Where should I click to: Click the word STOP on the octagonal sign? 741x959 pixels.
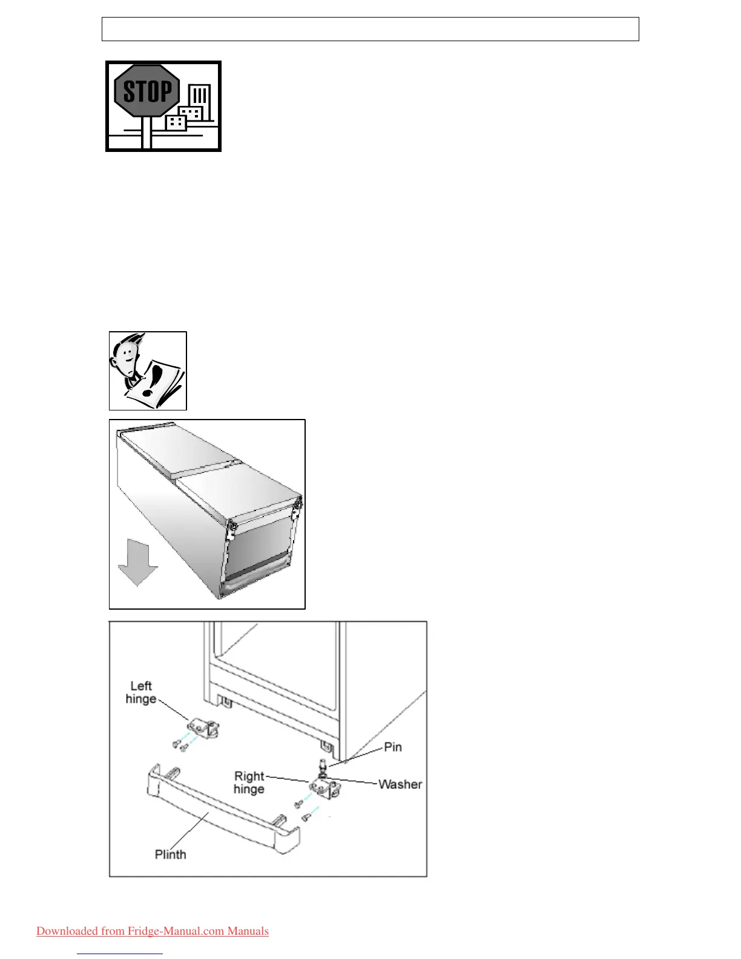(x=147, y=91)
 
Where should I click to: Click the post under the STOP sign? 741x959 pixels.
(x=146, y=133)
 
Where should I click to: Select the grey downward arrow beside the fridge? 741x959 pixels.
(x=138, y=564)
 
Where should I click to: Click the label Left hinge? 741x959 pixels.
(x=141, y=692)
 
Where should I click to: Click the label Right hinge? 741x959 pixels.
(x=249, y=782)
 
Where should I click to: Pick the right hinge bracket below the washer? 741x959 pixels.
(x=326, y=789)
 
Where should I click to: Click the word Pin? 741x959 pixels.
(x=393, y=747)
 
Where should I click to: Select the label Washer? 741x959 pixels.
(x=400, y=784)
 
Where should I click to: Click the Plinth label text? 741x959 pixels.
(x=170, y=854)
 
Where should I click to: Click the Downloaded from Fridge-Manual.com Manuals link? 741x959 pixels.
(x=153, y=931)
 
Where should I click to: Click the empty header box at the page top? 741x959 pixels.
(x=370, y=29)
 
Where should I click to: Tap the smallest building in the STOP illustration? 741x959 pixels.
(x=176, y=122)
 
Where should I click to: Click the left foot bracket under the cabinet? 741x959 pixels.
(x=225, y=702)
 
